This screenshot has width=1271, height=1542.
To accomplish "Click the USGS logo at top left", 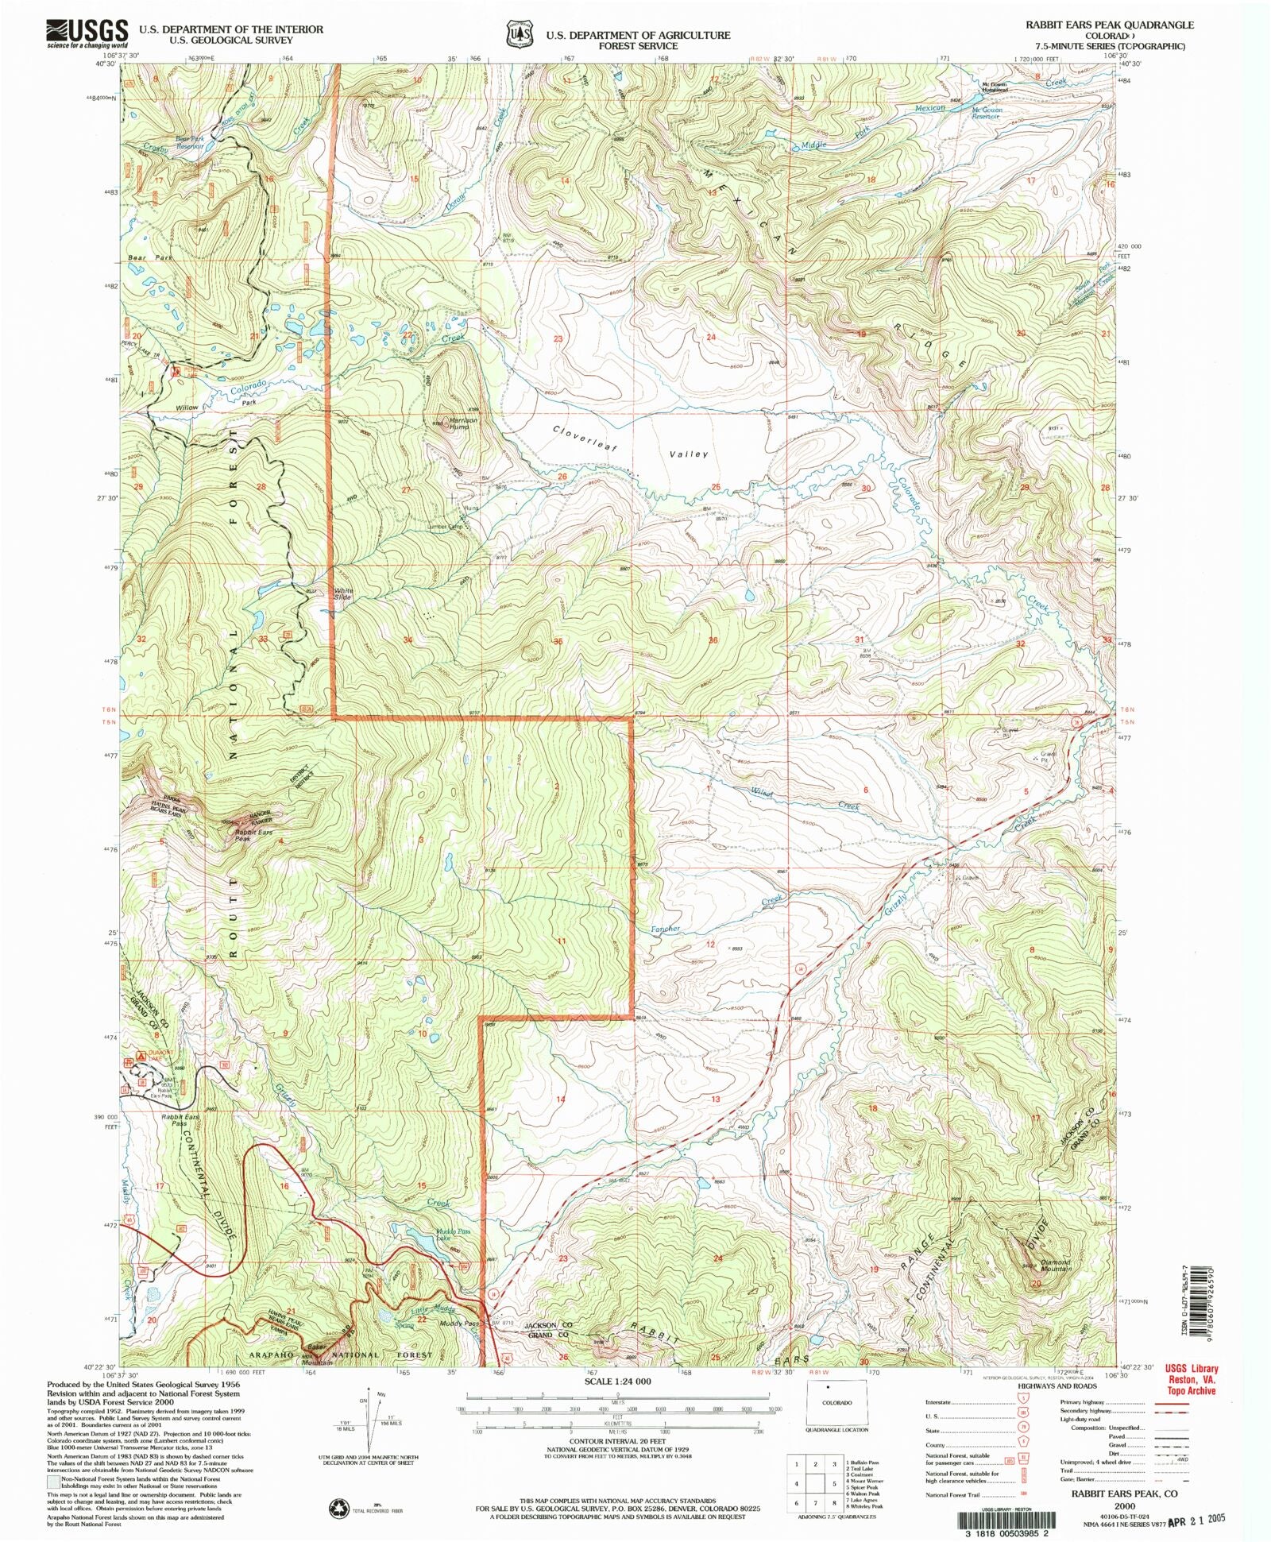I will point(87,33).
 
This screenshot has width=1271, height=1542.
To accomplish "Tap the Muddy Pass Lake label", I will point(431,1235).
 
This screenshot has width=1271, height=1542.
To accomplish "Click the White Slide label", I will point(343,593).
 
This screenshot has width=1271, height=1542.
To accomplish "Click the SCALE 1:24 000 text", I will point(616,1381).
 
